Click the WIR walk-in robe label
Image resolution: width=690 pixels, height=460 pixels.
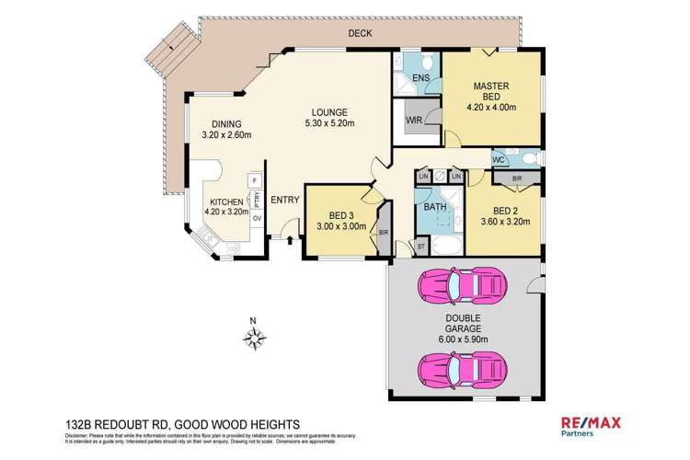click(x=413, y=120)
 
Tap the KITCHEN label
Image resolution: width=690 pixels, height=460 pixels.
click(x=225, y=201)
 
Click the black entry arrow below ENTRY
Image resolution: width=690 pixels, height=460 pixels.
click(x=292, y=241)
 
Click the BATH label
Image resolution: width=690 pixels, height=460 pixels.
click(x=434, y=207)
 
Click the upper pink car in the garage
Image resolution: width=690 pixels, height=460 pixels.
click(x=459, y=285)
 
